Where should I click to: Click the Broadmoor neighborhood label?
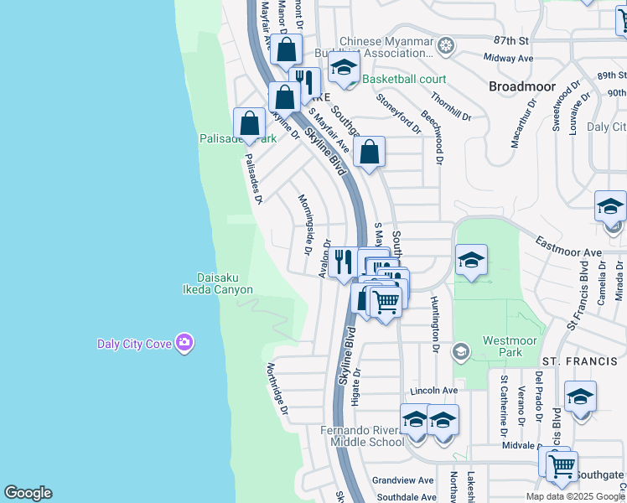coord(521,86)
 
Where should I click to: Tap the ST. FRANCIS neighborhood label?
coord(573,360)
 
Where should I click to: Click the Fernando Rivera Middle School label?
coord(362,436)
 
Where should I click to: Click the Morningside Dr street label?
coord(305,224)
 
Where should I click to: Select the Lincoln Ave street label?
coord(434,391)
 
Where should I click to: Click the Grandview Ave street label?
coord(403,480)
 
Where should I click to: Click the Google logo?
coord(28,493)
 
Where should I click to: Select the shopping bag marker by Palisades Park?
coord(250,124)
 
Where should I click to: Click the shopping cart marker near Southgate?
coord(561,464)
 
